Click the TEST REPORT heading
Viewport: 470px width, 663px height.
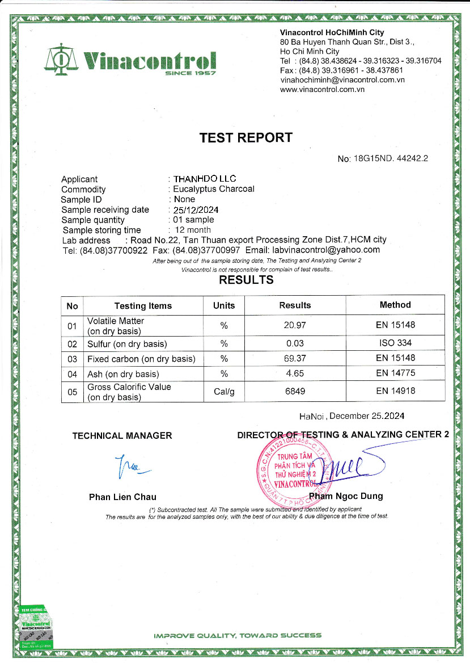coord(246,137)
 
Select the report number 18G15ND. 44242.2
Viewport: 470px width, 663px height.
coord(390,158)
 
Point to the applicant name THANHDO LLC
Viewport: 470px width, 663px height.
coord(205,179)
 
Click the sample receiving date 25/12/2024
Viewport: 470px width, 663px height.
coord(196,209)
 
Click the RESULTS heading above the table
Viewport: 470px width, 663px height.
coord(246,280)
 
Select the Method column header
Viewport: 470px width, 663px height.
coord(395,305)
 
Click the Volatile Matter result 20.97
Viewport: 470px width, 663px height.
coord(295,325)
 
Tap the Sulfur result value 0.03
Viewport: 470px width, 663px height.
coord(295,343)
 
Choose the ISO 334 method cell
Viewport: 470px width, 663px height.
coord(395,343)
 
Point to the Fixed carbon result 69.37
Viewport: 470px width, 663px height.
coord(295,358)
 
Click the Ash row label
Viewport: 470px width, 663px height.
coord(123,374)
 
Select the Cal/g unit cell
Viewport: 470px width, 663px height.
coord(224,392)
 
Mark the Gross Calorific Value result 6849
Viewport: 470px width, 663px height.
coord(295,392)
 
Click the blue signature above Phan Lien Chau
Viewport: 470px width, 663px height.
coord(130,466)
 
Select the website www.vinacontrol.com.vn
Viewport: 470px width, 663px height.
coord(322,89)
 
